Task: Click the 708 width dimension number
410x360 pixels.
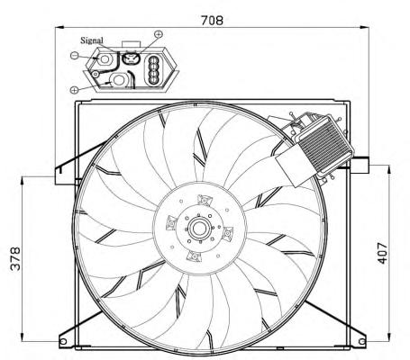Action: tap(212, 20)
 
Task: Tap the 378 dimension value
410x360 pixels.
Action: tap(15, 258)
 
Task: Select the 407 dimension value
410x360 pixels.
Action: tap(382, 253)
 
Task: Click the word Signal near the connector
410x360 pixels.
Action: tap(92, 40)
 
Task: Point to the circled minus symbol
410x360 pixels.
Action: tap(74, 55)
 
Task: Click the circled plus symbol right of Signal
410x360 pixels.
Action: tap(159, 34)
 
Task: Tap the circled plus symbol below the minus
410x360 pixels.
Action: tap(74, 89)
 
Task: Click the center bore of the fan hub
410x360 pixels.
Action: tap(198, 229)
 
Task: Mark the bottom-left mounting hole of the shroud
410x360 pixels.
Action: tap(63, 341)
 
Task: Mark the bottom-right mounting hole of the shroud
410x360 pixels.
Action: tap(362, 341)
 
